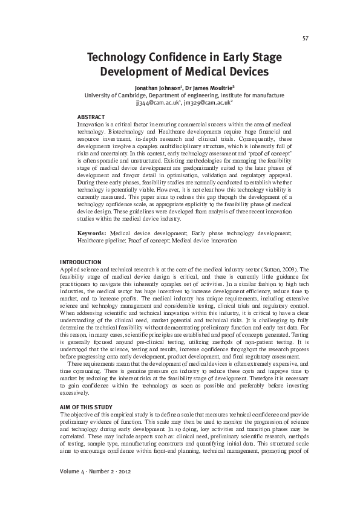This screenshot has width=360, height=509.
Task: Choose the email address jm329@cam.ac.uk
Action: tap(204, 103)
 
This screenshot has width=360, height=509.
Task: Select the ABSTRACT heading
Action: tap(91, 117)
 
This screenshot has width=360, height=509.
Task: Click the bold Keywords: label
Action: tap(93, 233)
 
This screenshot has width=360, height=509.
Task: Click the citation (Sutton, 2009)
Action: tap(280, 268)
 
